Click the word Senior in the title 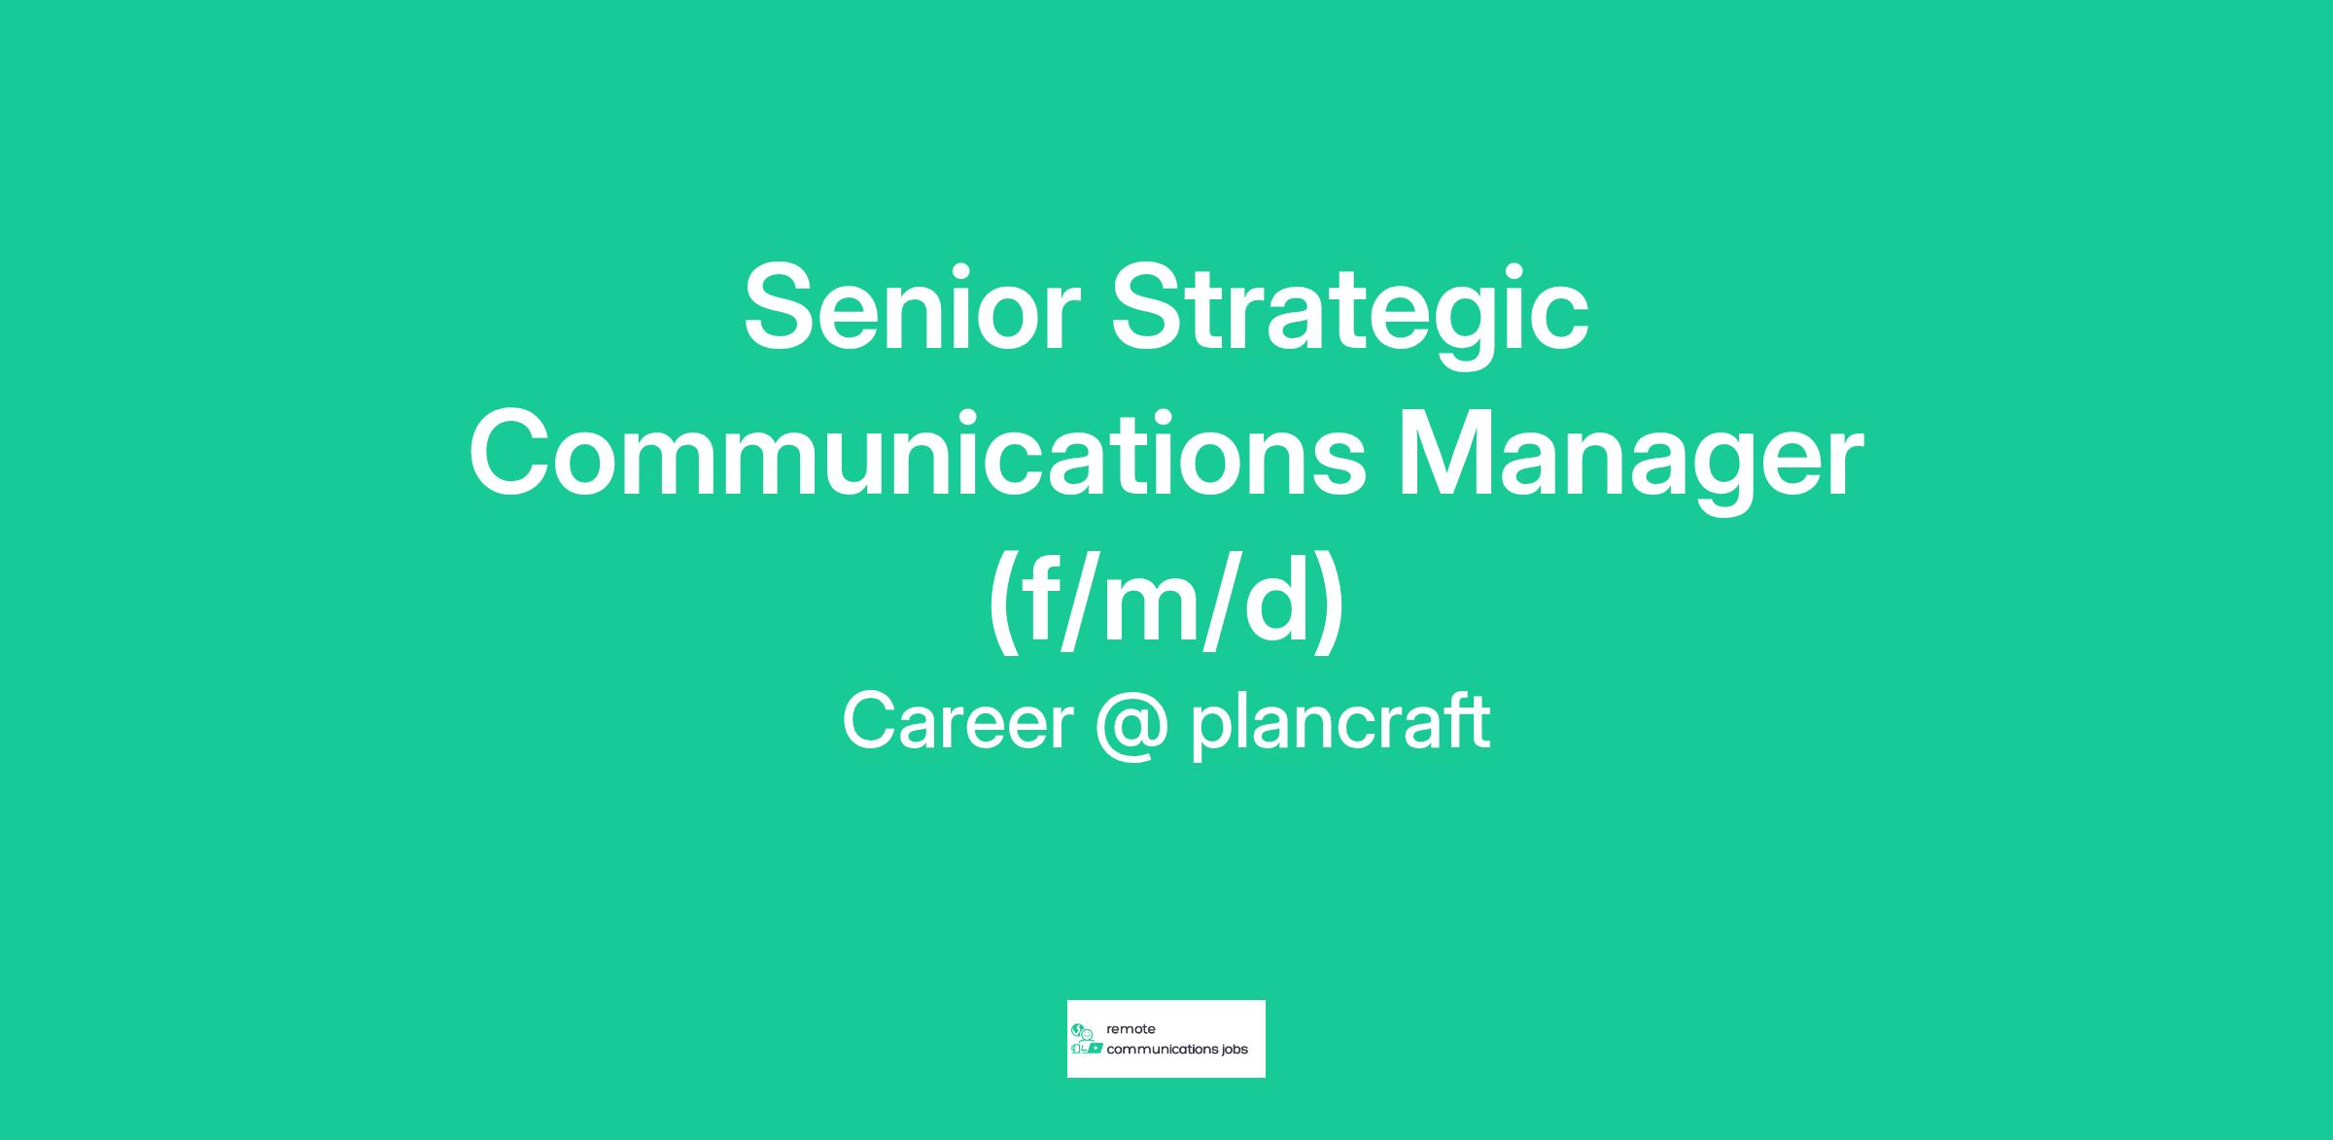click(x=912, y=308)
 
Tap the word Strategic click(x=1350, y=317)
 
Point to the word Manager click(x=1630, y=462)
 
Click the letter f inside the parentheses click(x=1040, y=599)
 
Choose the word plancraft click(x=1341, y=724)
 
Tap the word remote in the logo click(x=1131, y=1029)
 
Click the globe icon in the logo click(x=1076, y=1029)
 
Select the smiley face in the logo click(x=1087, y=1034)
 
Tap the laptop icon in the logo click(x=1095, y=1049)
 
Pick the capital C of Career click(x=869, y=721)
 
